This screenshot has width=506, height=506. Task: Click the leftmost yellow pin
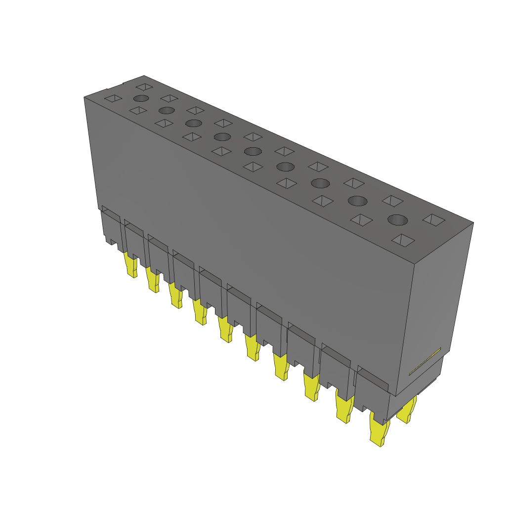(x=131, y=265)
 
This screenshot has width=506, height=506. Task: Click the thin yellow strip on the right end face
(x=424, y=361)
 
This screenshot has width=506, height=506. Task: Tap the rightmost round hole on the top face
(x=398, y=220)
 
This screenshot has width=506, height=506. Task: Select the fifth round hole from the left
(x=253, y=151)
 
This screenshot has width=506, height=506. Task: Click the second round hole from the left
(x=167, y=110)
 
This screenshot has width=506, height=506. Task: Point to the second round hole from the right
(x=358, y=201)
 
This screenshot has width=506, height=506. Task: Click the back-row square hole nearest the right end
(x=434, y=219)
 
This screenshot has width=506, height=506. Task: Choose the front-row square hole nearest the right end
(x=403, y=240)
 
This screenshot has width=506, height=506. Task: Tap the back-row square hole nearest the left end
(x=144, y=86)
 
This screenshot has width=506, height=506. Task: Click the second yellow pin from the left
(x=153, y=280)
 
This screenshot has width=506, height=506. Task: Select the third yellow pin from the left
(x=175, y=295)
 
